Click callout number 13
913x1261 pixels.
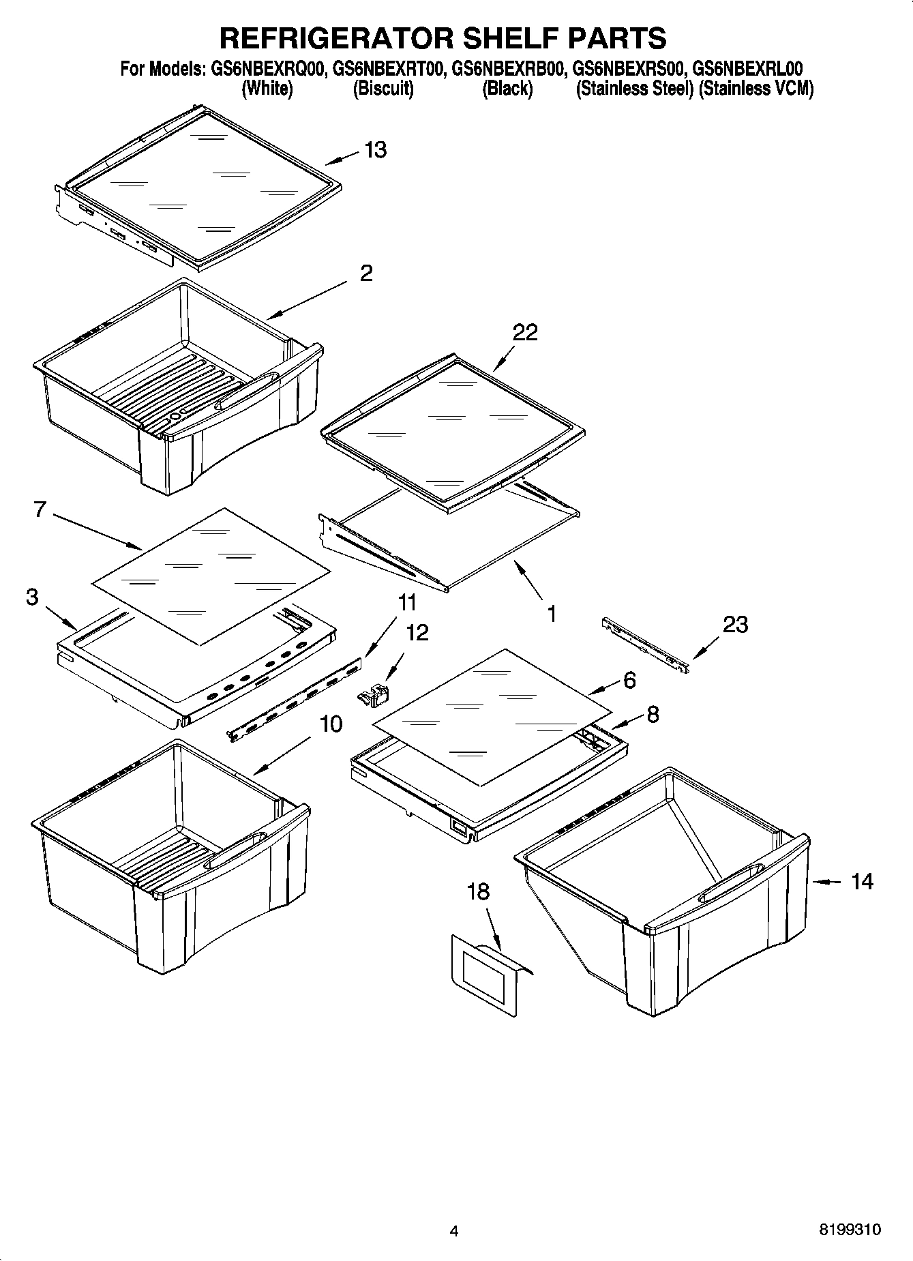click(375, 149)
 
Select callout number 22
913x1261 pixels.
click(525, 332)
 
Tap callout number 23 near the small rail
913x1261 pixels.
click(734, 624)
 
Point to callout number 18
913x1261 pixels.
click(478, 891)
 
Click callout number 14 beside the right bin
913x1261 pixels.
click(862, 881)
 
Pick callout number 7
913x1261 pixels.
click(40, 509)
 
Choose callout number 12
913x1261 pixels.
click(417, 632)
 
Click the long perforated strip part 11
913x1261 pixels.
click(297, 702)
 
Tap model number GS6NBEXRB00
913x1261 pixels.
click(507, 69)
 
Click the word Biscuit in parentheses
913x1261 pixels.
click(383, 89)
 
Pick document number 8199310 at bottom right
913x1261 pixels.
click(849, 1230)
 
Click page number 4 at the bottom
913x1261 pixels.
click(454, 1230)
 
